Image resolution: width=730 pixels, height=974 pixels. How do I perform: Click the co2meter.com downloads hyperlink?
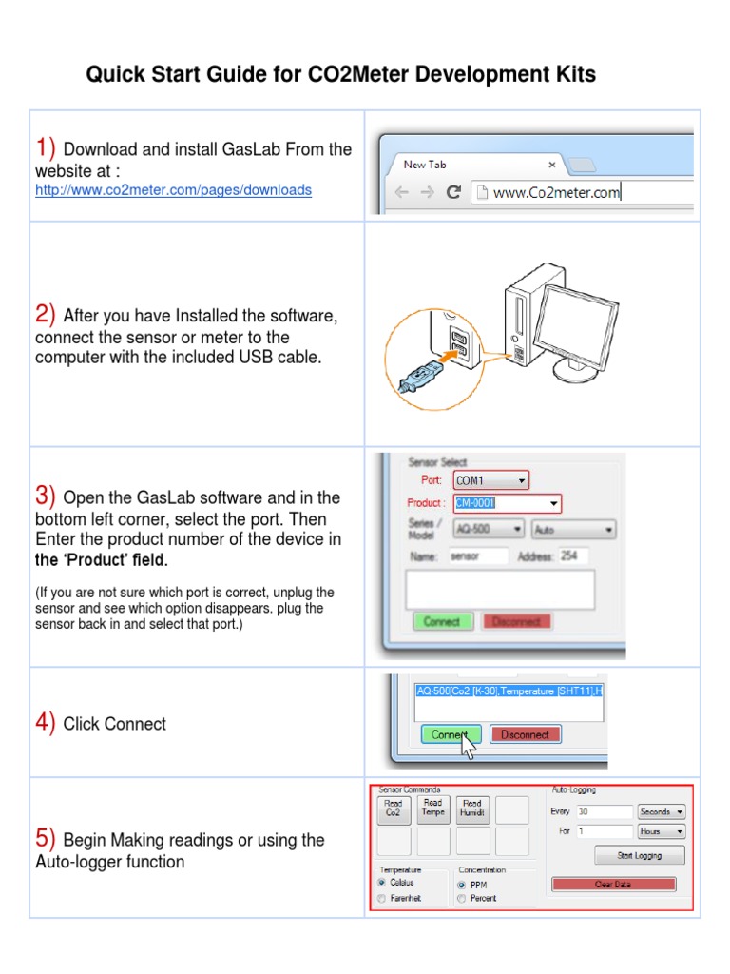tap(173, 190)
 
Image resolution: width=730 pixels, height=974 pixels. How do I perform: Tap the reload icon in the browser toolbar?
tap(453, 192)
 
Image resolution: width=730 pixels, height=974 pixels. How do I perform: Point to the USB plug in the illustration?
tap(417, 378)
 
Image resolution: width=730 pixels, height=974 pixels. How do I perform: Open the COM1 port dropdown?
tap(490, 480)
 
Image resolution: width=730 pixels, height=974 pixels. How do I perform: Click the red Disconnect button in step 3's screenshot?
tap(517, 622)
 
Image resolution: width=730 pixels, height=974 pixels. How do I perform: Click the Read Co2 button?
tap(394, 808)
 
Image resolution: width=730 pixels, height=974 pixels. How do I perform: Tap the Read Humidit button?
tap(472, 808)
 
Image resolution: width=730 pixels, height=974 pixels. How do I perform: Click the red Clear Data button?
tap(613, 885)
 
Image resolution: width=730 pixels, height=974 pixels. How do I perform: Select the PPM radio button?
tap(462, 884)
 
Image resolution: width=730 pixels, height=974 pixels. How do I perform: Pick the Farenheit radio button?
tap(382, 899)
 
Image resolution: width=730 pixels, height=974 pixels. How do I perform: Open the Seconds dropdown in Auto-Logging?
tap(662, 812)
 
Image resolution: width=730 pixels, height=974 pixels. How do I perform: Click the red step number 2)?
tap(47, 315)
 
